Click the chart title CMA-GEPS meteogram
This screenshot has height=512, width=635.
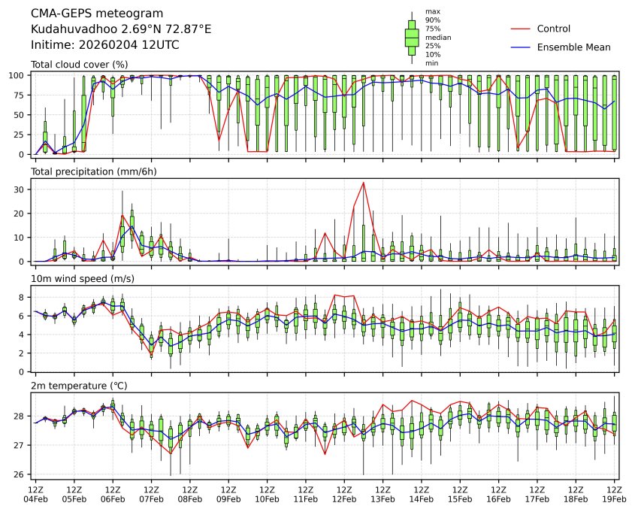click(82, 14)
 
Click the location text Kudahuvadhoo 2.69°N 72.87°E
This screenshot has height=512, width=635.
click(121, 29)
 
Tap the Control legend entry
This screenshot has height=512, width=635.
click(554, 29)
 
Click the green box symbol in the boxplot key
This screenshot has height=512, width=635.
click(412, 37)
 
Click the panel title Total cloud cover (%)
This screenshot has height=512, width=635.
click(79, 65)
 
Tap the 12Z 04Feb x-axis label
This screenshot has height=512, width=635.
click(35, 494)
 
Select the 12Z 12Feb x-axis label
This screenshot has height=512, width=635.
click(345, 494)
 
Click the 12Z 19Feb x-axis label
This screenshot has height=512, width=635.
click(615, 494)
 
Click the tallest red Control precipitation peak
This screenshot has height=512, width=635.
click(364, 183)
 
